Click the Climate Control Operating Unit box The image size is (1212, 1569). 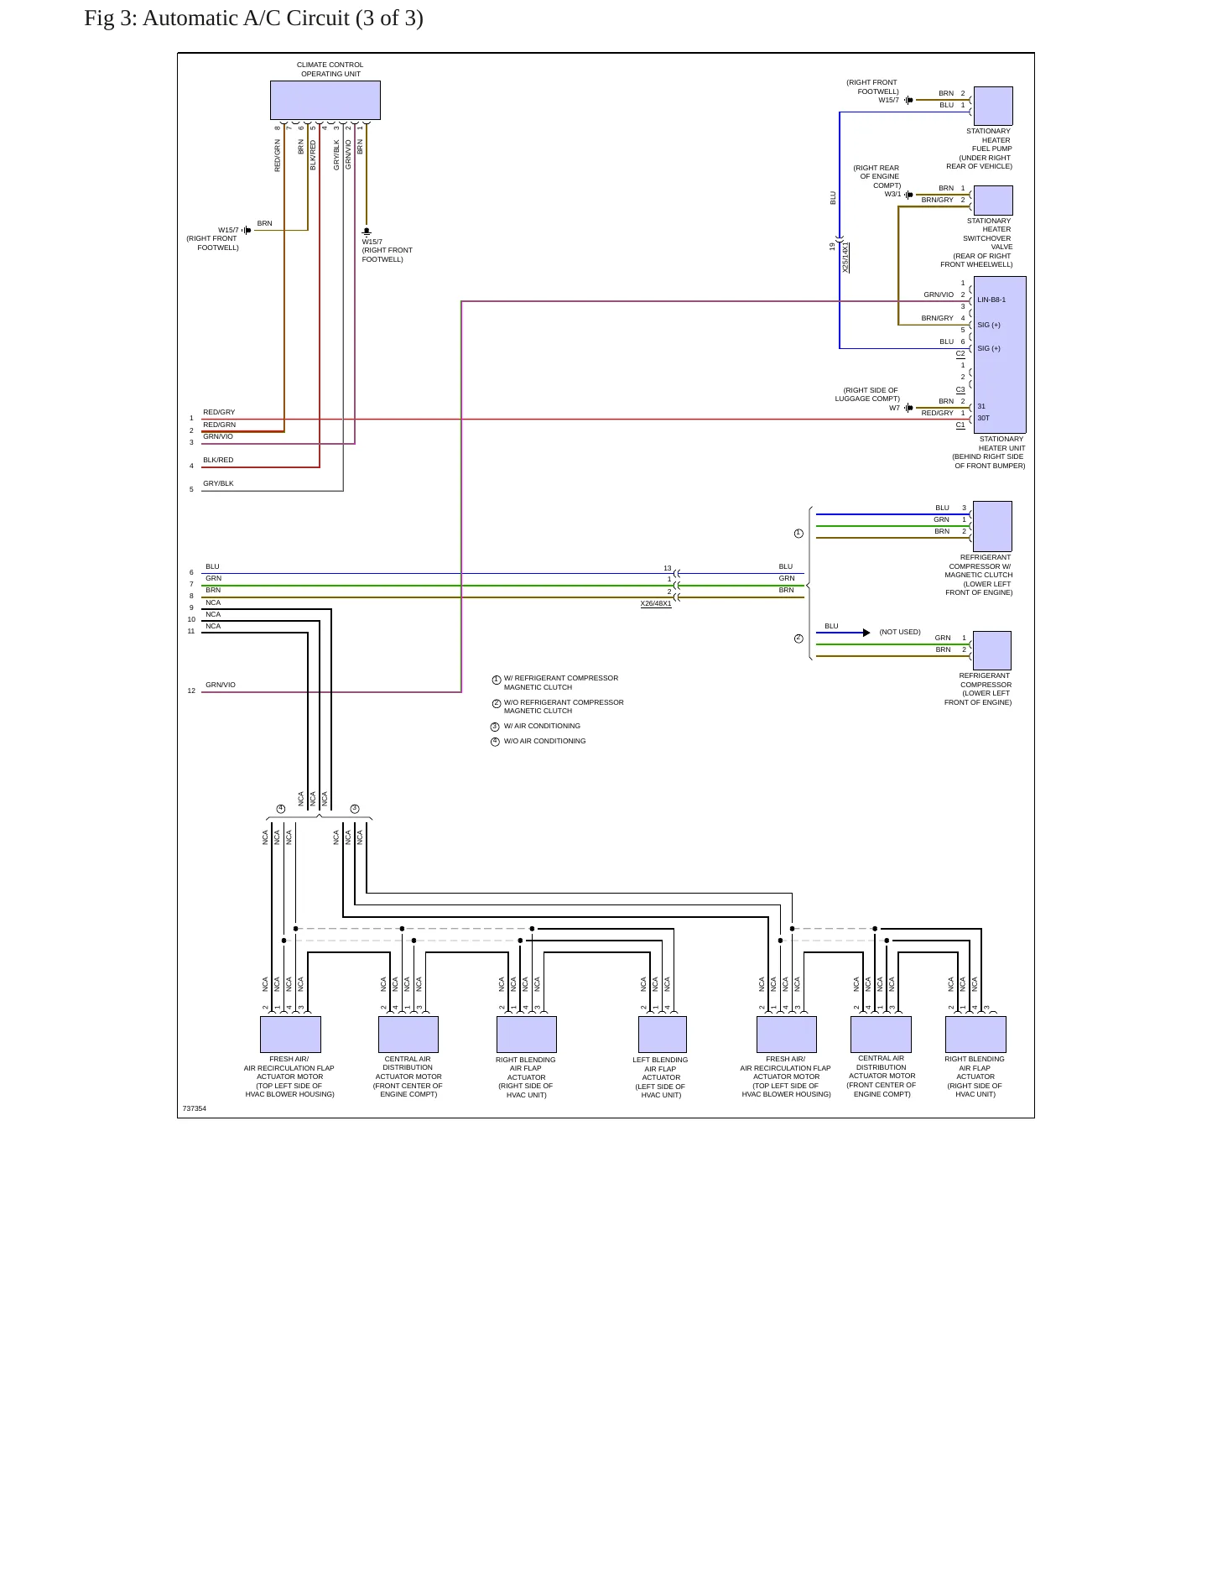(x=325, y=100)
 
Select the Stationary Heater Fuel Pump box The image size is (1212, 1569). (x=992, y=106)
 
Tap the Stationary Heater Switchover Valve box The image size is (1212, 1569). (x=992, y=201)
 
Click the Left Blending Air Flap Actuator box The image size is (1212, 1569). (x=663, y=1035)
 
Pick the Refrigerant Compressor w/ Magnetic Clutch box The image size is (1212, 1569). (x=992, y=526)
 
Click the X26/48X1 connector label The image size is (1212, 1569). (x=656, y=604)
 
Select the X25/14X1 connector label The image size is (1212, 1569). (x=845, y=258)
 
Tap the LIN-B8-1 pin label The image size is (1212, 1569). (x=991, y=300)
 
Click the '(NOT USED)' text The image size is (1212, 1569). (x=900, y=632)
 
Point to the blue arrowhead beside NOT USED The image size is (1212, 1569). (x=866, y=633)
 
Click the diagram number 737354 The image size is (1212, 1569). (x=195, y=1108)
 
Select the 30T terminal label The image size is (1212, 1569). (x=983, y=418)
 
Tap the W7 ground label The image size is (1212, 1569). (x=894, y=408)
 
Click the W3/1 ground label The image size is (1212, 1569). (x=892, y=194)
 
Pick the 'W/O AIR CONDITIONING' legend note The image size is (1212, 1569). (x=544, y=741)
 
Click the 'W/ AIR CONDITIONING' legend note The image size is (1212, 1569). (x=542, y=726)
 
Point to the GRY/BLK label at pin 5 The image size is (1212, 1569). (x=218, y=483)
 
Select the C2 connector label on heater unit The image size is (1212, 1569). (x=960, y=354)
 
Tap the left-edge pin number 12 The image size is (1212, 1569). (x=191, y=691)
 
